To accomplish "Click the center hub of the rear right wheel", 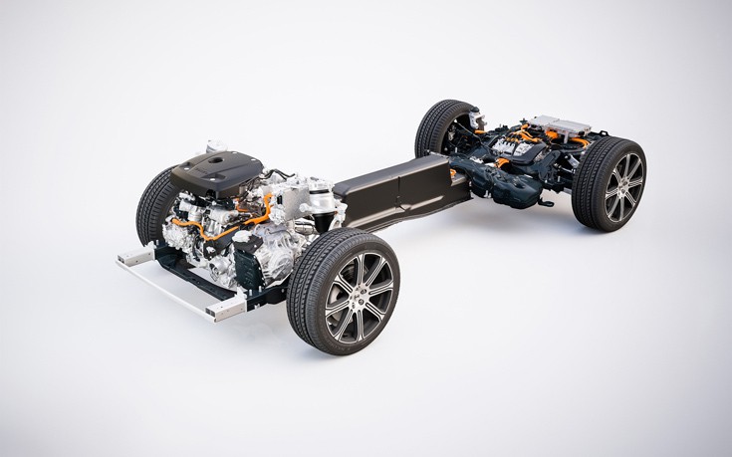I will pos(623,187).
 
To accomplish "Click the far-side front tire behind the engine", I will pos(154,204).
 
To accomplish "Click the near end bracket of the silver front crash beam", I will pos(225,311).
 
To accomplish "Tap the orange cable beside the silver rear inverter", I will pos(579,143).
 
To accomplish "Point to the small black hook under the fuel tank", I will pos(544,203).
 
